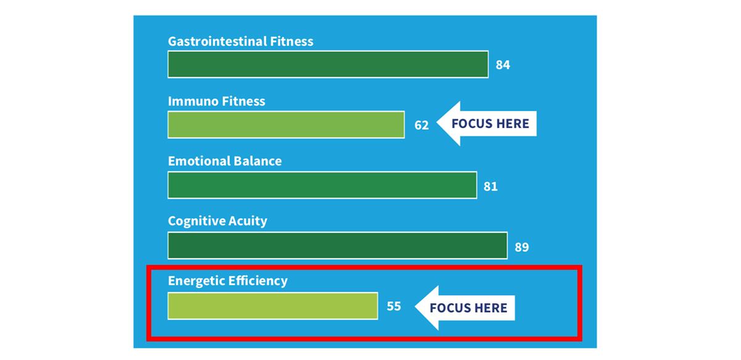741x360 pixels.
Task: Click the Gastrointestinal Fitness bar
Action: tap(328, 64)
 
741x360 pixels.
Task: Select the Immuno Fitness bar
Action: tap(286, 125)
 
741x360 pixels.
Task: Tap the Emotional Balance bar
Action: tap(322, 185)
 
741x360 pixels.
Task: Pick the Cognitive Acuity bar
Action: tap(338, 246)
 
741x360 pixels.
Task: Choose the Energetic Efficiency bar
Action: tap(273, 306)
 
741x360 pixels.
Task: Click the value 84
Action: tap(503, 65)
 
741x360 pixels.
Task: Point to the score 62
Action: tap(421, 125)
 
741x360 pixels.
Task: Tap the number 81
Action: tap(490, 186)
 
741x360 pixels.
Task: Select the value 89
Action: tap(522, 247)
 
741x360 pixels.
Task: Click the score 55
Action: tap(394, 306)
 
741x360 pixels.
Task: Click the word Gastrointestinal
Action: tap(217, 41)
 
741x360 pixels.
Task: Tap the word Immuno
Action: tap(193, 101)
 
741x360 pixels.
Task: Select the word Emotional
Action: tap(199, 161)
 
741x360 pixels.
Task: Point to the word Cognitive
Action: tap(196, 221)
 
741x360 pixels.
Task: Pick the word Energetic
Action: tap(196, 281)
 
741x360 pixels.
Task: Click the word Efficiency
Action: tap(258, 281)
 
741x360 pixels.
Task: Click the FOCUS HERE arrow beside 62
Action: tap(487, 123)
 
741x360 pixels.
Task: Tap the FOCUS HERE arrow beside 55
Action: tap(464, 308)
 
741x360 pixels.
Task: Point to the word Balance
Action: tap(257, 161)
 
